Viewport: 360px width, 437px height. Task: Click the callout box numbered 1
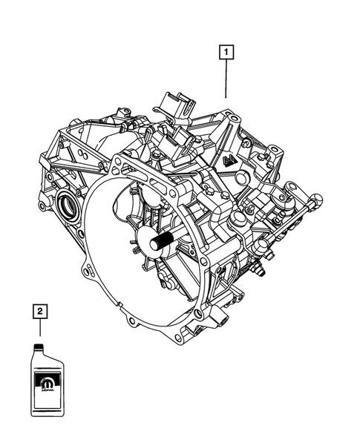(x=225, y=53)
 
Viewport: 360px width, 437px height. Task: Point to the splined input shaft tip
(x=160, y=242)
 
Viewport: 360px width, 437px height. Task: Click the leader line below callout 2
(x=39, y=328)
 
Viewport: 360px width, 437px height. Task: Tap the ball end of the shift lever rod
(x=318, y=198)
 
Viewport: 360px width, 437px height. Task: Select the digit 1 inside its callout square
(x=225, y=53)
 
